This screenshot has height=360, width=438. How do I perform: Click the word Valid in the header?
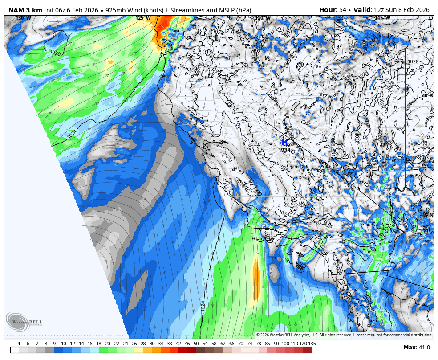pos(362,10)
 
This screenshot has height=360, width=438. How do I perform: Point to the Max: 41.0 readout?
pos(416,348)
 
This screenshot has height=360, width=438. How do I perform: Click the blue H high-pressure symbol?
pos(284,143)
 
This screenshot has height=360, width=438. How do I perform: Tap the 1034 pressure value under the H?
pos(284,150)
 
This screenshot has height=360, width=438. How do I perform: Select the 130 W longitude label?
pos(23,18)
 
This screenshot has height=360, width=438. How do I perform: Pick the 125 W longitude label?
pos(143,18)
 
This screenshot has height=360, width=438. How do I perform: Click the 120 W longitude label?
pos(263,18)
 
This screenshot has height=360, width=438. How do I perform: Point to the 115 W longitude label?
pos(382,18)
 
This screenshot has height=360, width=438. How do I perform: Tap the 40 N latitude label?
pos(428,96)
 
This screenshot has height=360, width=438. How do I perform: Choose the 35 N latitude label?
pos(428,216)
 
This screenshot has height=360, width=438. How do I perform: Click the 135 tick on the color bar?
pos(312,344)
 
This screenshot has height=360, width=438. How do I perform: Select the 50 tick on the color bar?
pos(196,344)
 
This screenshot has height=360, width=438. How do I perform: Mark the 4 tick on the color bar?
pos(19,344)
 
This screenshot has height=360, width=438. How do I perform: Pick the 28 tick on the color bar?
pos(143,344)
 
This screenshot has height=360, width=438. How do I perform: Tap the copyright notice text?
pos(344,335)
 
